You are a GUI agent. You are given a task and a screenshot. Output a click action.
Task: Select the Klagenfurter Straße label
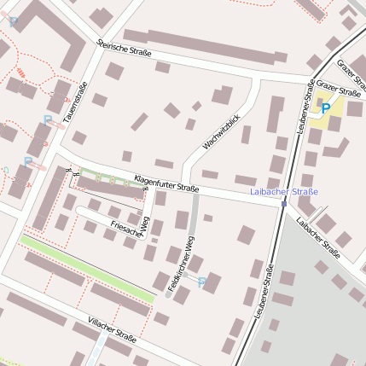[166, 183]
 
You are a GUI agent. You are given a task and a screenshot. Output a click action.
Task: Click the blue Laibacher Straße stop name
[284, 192]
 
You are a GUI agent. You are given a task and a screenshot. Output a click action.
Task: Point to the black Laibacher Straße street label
[319, 236]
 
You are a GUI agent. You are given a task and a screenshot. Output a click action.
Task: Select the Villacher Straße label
[112, 328]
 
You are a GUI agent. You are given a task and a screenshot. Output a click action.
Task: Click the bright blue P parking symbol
[325, 107]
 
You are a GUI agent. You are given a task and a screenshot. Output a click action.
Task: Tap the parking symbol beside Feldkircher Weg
[202, 282]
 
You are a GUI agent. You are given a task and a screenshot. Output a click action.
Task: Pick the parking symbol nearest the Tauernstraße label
[47, 120]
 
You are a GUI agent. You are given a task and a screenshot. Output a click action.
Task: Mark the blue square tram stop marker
[284, 204]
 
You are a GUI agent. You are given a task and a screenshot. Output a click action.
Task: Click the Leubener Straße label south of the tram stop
[264, 291]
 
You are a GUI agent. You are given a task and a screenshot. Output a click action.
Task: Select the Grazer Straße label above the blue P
[338, 88]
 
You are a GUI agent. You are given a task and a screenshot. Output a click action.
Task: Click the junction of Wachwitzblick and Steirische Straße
[255, 78]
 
